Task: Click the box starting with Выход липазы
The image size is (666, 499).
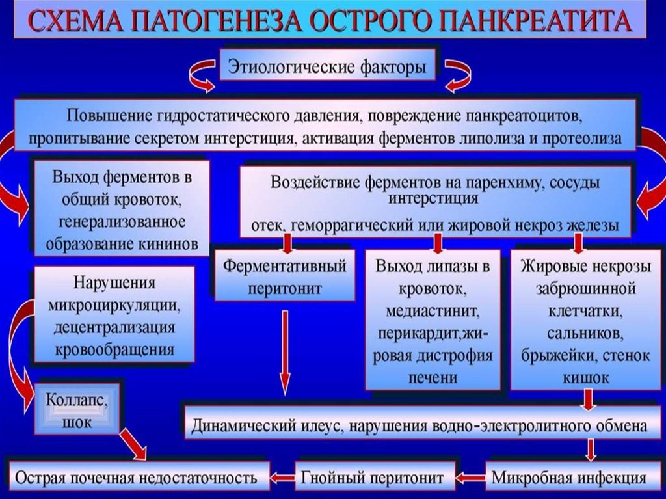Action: [x=432, y=320]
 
